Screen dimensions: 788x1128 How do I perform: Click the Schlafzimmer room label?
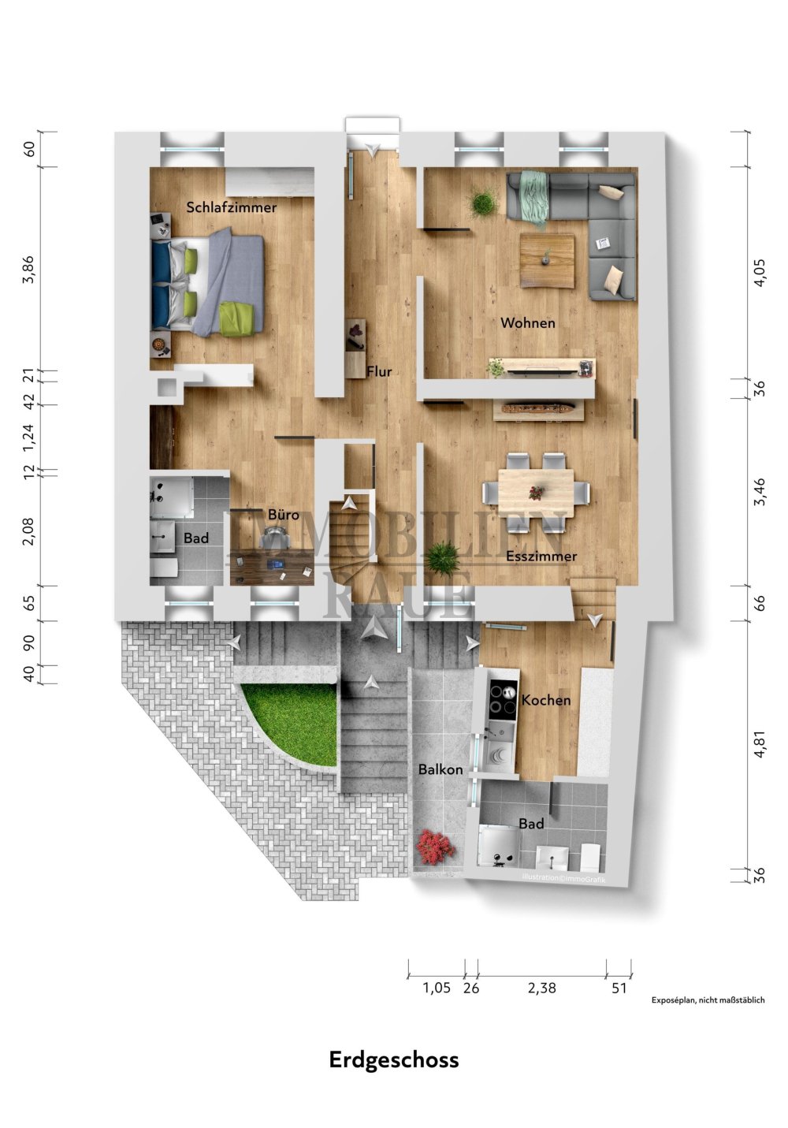pyautogui.click(x=231, y=207)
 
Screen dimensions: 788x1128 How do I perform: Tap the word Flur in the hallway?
pyautogui.click(x=379, y=371)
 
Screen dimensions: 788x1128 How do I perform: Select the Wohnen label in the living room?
pyautogui.click(x=527, y=322)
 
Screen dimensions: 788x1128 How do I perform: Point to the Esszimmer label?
pyautogui.click(x=541, y=557)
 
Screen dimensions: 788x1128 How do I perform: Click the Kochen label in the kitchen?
pyautogui.click(x=546, y=700)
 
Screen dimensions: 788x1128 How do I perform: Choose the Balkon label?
pyautogui.click(x=440, y=769)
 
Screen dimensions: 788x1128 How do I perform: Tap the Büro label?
pyautogui.click(x=284, y=515)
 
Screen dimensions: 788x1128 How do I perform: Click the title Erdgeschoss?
pyautogui.click(x=394, y=1059)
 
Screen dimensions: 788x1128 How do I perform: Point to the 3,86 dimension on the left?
pyautogui.click(x=28, y=269)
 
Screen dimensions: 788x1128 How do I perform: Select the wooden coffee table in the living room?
pyautogui.click(x=547, y=260)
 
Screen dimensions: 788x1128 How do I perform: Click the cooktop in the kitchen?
pyautogui.click(x=504, y=699)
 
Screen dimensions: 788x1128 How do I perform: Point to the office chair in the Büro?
pyautogui.click(x=275, y=535)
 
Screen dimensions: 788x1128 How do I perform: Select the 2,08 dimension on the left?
pyautogui.click(x=28, y=530)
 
